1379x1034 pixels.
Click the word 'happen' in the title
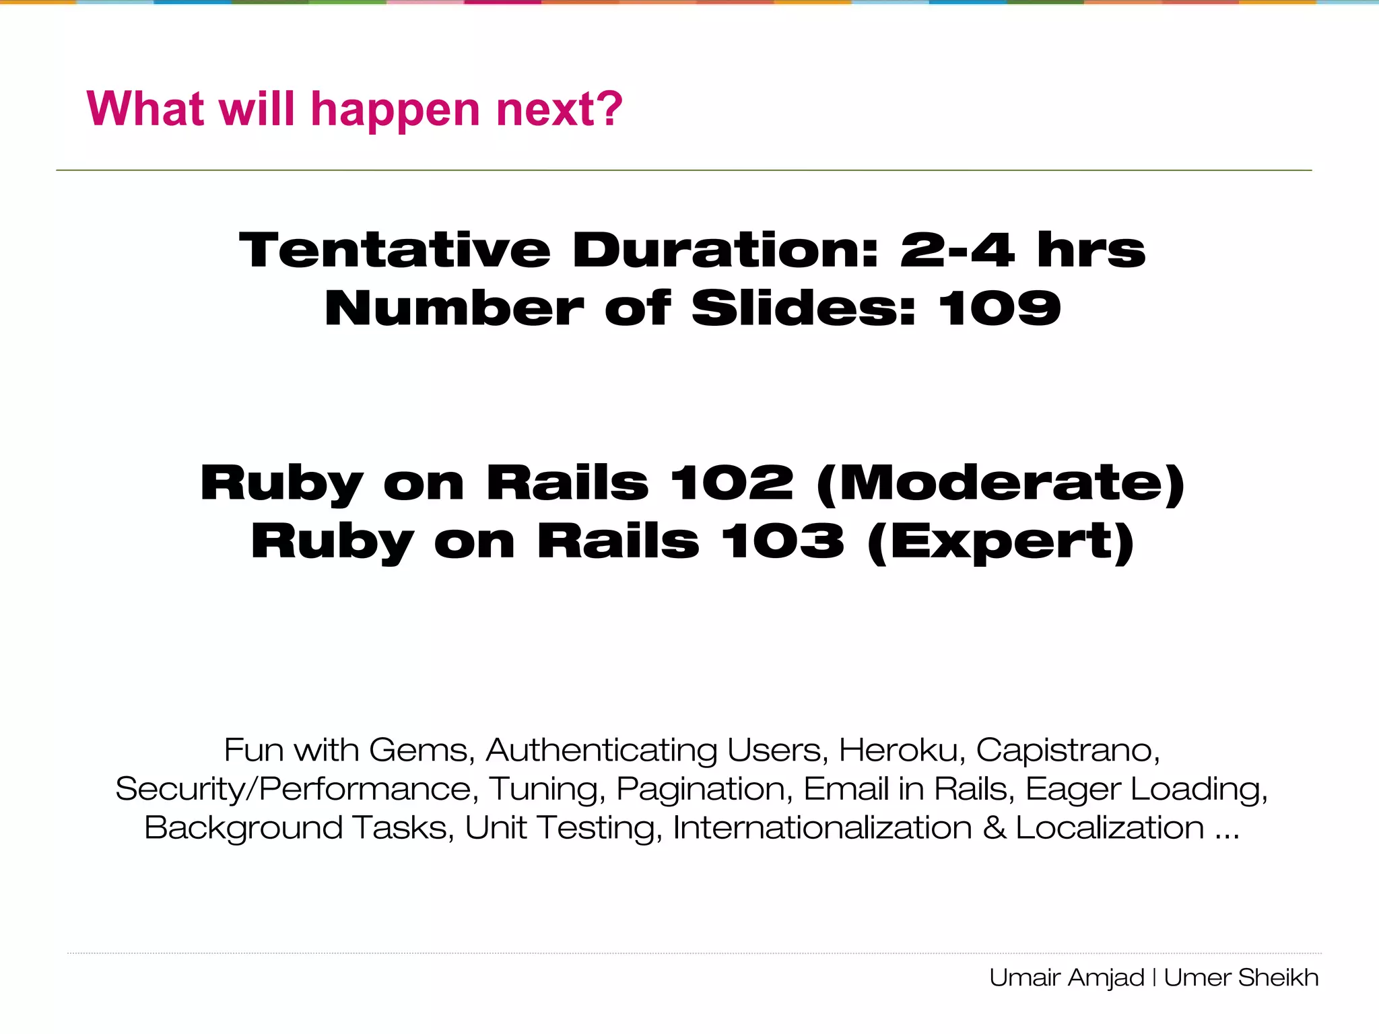pos(396,111)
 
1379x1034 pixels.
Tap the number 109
pos(999,309)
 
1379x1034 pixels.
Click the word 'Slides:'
pos(804,309)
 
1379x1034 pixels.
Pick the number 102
pos(732,483)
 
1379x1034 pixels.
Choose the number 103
pos(782,542)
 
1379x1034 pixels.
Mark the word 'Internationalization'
pos(822,828)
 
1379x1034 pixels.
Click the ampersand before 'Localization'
pos(994,828)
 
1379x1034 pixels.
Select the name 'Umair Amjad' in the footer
pos(1067,977)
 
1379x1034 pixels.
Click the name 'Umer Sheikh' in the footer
pos(1241,977)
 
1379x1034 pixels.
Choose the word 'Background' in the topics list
pos(243,829)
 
